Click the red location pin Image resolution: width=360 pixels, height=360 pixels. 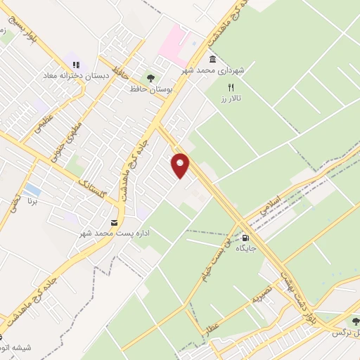[181, 165]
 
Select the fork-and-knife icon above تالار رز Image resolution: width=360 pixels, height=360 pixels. [231, 87]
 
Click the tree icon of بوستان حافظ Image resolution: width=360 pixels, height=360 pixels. [149, 78]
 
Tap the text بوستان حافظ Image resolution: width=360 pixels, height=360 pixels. [146, 89]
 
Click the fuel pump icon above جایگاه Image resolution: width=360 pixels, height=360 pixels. [245, 237]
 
